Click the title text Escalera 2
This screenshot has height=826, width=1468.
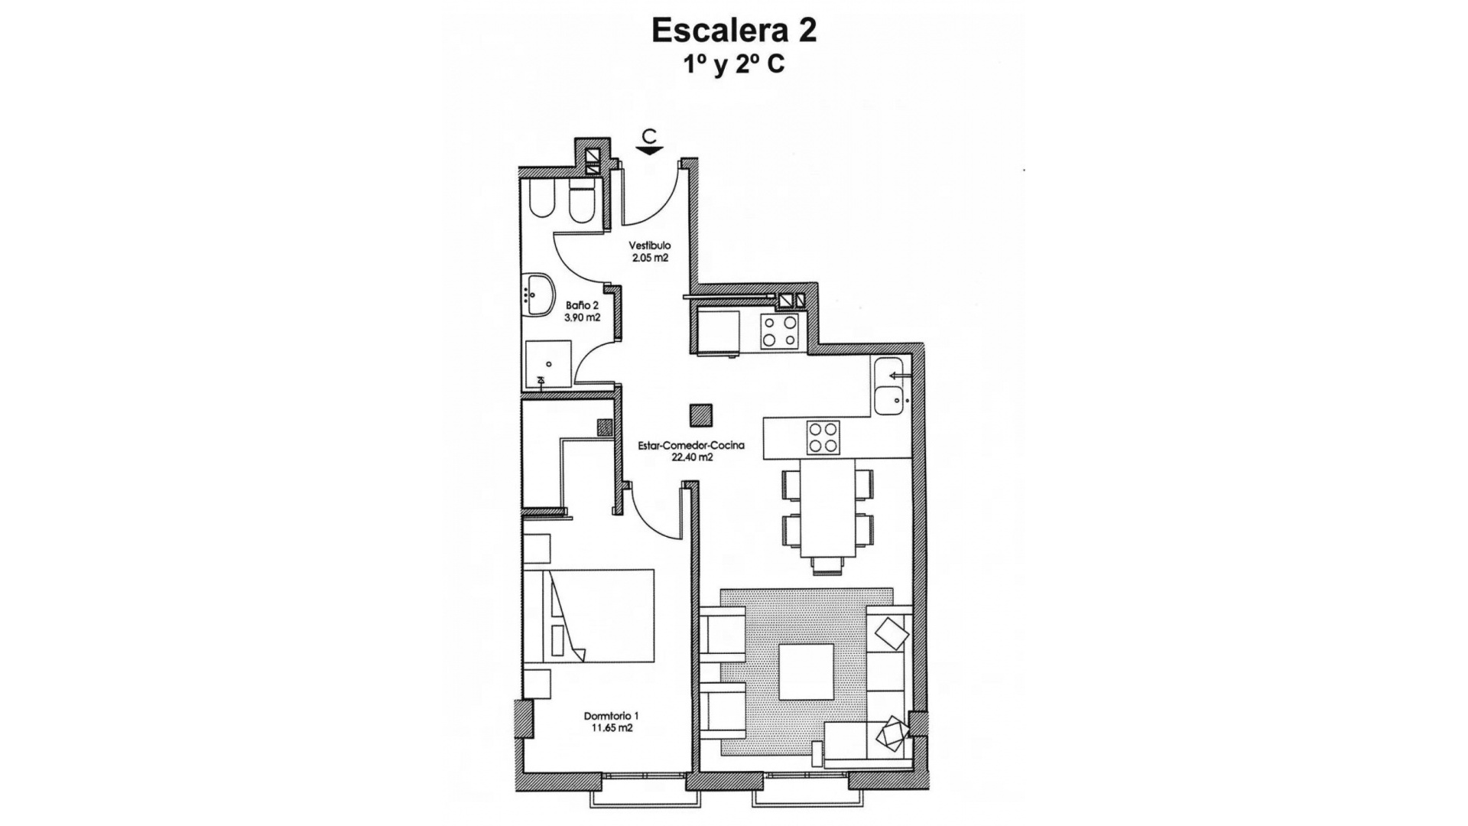pos(733,31)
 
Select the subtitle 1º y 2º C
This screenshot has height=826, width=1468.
pos(733,65)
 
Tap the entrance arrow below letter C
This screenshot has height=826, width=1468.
pos(649,151)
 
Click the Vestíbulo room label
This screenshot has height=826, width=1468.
pos(650,246)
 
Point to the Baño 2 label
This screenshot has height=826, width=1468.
pos(583,305)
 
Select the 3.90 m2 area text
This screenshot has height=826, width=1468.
pos(583,317)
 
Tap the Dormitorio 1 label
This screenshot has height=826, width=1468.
pos(611,716)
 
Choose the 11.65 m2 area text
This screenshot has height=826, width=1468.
pos(611,728)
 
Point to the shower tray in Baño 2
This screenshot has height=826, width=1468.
pos(548,363)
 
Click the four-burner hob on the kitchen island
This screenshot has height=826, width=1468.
pos(823,438)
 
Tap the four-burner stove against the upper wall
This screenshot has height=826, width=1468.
pos(778,331)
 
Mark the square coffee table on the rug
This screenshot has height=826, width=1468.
pos(806,672)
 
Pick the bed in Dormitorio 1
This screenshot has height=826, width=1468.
pos(600,616)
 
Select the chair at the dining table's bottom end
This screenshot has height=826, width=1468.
pos(828,565)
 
